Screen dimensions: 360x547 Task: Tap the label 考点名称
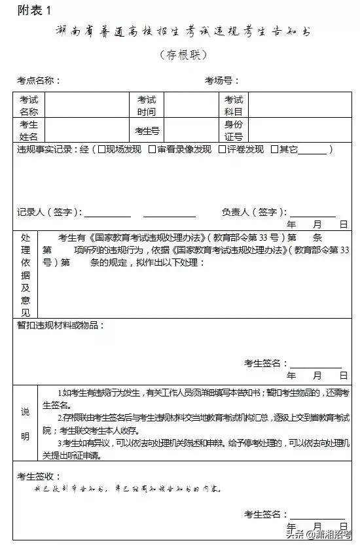pos(39,81)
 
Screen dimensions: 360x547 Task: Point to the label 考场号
pos(222,81)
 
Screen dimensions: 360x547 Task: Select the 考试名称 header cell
pos(29,105)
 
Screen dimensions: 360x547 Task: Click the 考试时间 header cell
pos(147,105)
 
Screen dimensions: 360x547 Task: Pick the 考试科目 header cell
pos(234,105)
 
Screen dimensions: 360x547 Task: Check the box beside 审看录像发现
pos(152,150)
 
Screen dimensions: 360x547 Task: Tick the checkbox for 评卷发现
pos(222,150)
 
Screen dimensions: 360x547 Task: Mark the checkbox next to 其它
pos(274,150)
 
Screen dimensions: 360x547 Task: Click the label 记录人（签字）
pos(50,212)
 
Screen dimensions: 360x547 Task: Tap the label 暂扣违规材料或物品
pos(60,325)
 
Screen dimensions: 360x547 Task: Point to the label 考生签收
pos(39,476)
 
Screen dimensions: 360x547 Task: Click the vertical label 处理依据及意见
pos(26,274)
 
